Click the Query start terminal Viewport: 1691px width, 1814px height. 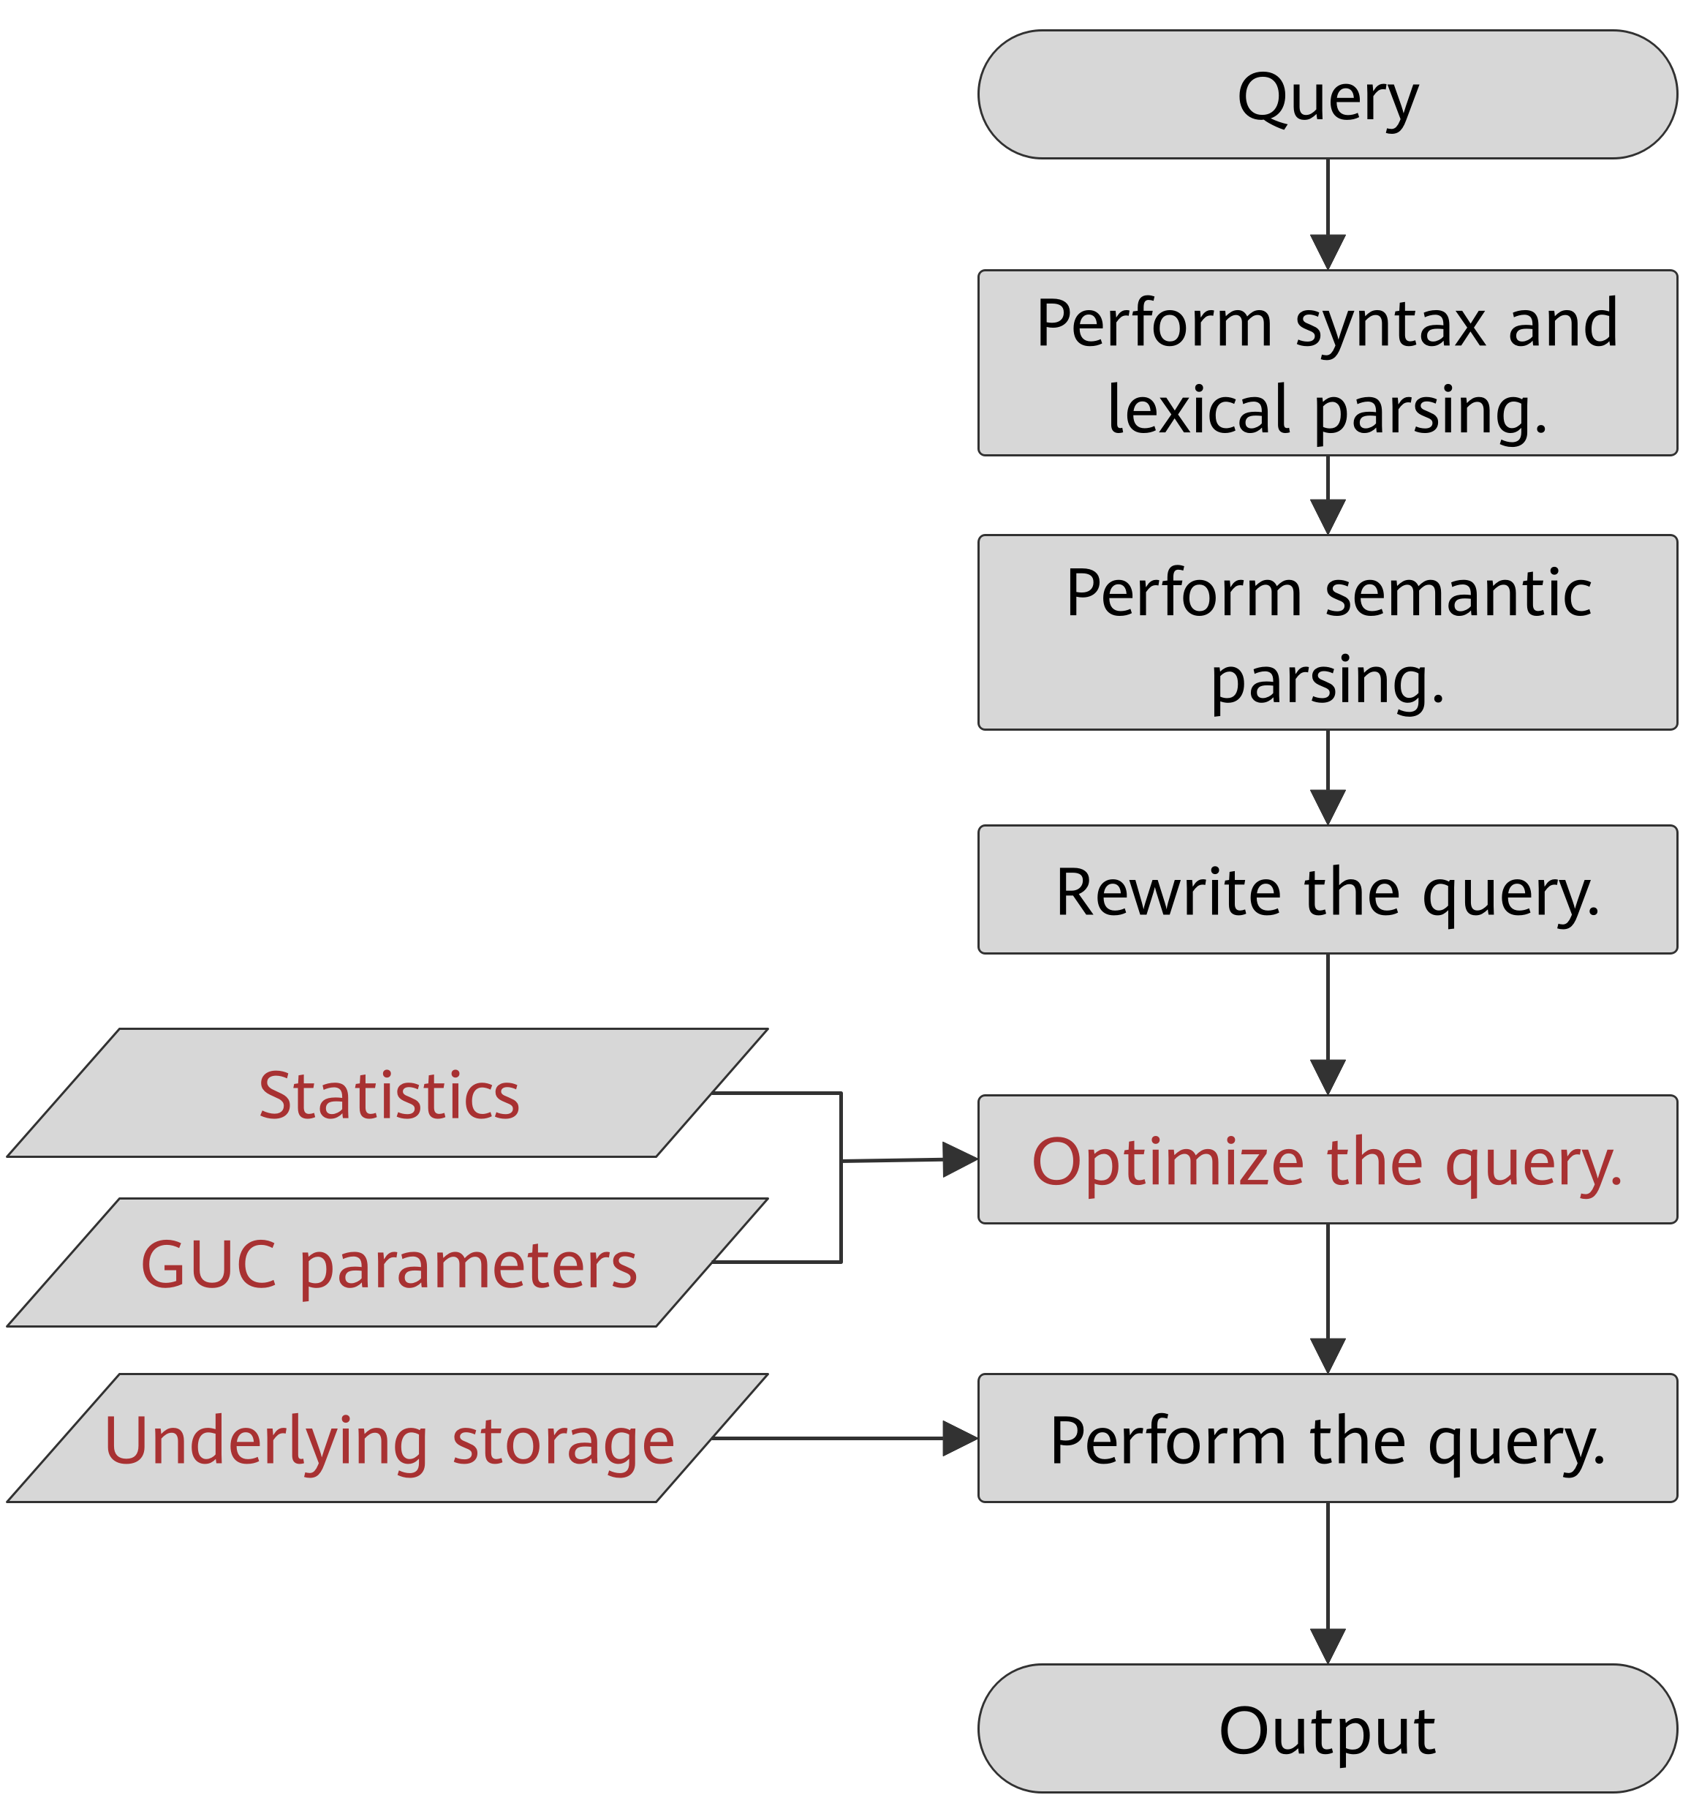(1327, 95)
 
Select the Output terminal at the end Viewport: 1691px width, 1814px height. (1327, 1728)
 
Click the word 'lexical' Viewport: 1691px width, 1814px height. (1198, 410)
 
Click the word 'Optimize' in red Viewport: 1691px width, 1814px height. (1168, 1161)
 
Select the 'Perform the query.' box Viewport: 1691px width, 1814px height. (1327, 1440)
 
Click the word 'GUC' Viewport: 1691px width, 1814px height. (209, 1264)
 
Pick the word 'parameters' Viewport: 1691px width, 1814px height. (468, 1267)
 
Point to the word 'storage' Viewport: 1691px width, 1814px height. (563, 1442)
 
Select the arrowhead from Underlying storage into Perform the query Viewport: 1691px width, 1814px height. (958, 1438)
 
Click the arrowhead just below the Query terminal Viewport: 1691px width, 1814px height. (1327, 251)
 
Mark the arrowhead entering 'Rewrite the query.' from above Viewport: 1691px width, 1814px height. (1327, 807)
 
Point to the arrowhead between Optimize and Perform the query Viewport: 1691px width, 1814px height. (1327, 1355)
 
